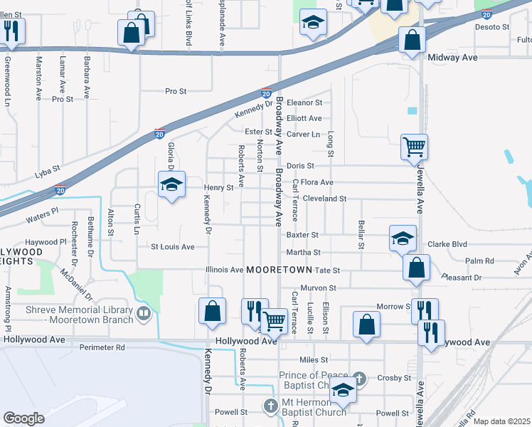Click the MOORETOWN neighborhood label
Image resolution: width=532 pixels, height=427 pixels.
click(280, 270)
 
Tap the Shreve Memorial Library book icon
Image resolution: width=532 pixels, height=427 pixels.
click(144, 313)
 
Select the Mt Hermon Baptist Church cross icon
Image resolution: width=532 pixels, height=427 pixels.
click(270, 406)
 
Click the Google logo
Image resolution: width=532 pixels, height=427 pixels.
click(23, 418)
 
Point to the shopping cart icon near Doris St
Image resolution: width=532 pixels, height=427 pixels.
click(414, 147)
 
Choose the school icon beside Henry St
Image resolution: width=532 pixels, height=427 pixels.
click(171, 185)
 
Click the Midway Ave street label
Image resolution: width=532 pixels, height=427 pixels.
click(452, 57)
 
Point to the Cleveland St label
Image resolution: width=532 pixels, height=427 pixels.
click(324, 199)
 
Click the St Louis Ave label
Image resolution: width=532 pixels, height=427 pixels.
click(172, 247)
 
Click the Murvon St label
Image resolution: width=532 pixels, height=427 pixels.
click(317, 288)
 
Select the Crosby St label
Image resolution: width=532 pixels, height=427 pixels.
click(395, 378)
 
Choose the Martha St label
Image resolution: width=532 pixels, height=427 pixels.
click(304, 252)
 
